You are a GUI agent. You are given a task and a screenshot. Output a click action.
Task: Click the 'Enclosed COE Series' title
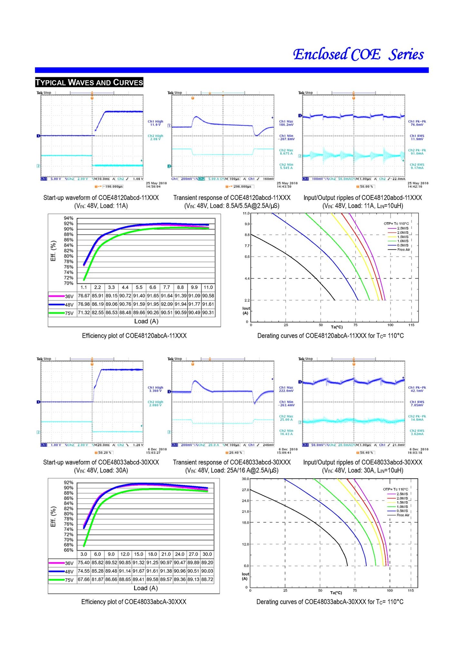tap(358, 54)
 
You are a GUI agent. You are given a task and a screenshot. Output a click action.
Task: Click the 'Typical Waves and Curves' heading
tap(89, 82)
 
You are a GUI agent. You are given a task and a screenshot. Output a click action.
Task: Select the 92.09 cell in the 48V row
tap(167, 304)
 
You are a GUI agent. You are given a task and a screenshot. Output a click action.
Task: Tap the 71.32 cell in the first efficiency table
tap(84, 313)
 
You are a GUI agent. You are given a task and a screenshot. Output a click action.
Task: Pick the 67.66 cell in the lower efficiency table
tap(84, 579)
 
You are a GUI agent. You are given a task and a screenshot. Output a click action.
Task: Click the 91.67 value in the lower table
tap(139, 571)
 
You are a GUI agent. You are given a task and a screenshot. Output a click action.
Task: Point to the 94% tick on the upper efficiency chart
tap(69, 218)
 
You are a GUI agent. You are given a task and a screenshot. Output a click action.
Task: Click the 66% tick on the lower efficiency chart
tap(69, 550)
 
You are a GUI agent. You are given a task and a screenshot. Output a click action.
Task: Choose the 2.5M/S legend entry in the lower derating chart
tap(402, 494)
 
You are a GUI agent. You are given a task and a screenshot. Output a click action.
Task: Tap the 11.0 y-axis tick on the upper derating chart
tap(246, 213)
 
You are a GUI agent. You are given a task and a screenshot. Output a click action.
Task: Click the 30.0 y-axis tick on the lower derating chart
tap(246, 479)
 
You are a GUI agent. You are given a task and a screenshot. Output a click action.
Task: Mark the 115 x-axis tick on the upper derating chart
tap(411, 325)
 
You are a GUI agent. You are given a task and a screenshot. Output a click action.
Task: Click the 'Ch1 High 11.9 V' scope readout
tap(155, 123)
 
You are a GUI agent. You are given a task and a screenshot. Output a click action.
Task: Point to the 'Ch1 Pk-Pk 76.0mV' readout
tap(417, 123)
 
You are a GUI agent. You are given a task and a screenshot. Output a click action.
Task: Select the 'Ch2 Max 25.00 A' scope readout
tap(286, 418)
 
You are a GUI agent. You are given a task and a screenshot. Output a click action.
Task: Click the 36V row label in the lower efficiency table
tap(69, 563)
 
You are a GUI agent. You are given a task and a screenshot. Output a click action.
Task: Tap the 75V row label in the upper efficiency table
tap(69, 313)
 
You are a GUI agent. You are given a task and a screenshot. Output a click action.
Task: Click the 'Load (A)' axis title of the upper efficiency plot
tap(146, 321)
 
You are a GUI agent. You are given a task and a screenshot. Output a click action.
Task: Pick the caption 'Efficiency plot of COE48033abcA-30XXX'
tap(134, 602)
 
